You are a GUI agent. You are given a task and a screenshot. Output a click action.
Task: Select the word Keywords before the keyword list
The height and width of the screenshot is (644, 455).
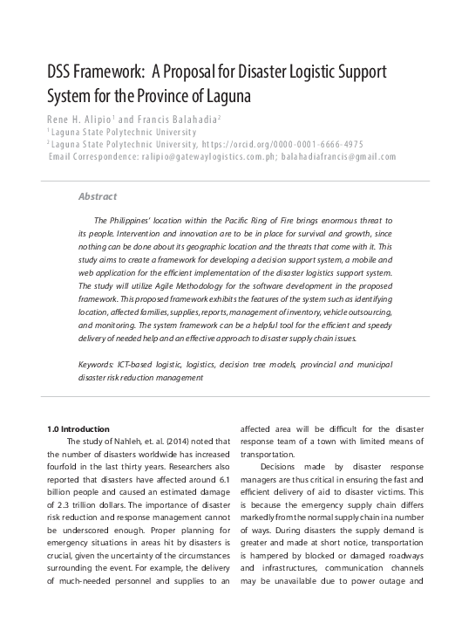(95, 363)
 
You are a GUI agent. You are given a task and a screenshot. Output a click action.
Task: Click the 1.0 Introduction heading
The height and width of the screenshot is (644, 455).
(78, 428)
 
